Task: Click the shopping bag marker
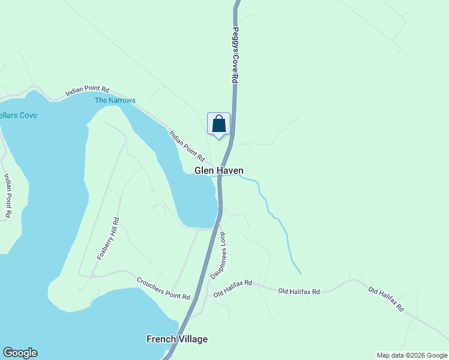[219, 124]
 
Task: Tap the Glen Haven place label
[218, 171]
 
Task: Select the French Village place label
[177, 339]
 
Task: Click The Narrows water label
[115, 100]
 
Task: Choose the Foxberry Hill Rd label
[108, 239]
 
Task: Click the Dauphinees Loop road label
[218, 256]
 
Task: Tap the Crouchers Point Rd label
[163, 289]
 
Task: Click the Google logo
[20, 353]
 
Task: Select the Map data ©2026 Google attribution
[411, 355]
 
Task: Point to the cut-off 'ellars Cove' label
[19, 115]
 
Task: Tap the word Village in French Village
[193, 339]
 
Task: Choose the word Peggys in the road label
[235, 38]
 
